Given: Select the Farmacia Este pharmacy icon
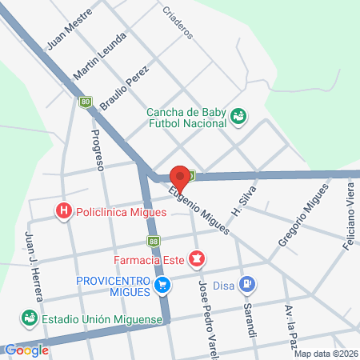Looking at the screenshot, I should pos(196,258).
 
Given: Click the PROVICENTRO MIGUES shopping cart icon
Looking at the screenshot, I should pos(162,284).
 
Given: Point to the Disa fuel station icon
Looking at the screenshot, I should pos(249,282).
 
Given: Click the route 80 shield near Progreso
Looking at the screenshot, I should pos(86,102).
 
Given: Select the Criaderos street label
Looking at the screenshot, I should pos(178,22).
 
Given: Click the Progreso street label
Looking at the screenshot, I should pos(98,150).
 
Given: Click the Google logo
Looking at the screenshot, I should pos(26,350).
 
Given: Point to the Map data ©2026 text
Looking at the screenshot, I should pos(326,354).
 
